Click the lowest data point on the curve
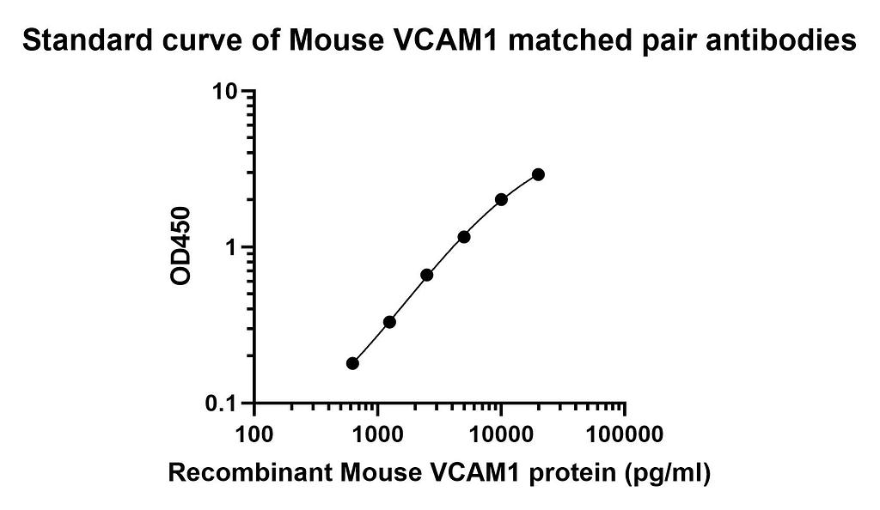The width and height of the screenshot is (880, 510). click(x=352, y=363)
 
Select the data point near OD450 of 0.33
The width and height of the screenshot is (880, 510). click(x=389, y=322)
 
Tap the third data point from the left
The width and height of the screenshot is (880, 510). click(x=426, y=275)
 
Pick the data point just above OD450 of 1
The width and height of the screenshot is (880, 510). click(x=464, y=236)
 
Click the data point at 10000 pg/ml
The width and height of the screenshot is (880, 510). click(x=501, y=199)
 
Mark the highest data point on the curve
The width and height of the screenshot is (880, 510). click(x=538, y=174)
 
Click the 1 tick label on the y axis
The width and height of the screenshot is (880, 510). click(x=233, y=247)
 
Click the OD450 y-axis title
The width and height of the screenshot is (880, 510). click(x=180, y=247)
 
